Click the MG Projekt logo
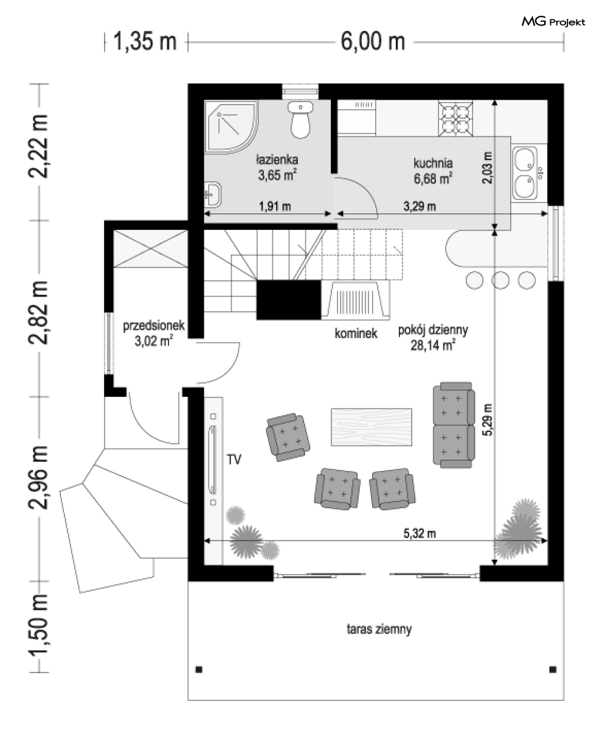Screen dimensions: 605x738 [553, 22]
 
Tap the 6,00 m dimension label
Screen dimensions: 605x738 [373, 41]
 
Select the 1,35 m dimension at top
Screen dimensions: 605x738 [145, 41]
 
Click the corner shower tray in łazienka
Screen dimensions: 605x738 [231, 126]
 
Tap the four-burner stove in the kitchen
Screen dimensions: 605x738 [455, 119]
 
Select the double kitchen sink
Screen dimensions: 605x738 [525, 173]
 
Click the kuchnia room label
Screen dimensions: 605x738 [433, 163]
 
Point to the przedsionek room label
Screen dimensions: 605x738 [154, 326]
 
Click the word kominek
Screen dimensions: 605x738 [356, 334]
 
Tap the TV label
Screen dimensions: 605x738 [234, 460]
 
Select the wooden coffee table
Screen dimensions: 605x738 [372, 427]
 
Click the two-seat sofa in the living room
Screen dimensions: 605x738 [454, 425]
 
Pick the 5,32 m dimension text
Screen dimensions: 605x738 [420, 533]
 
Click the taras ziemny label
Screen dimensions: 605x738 [379, 629]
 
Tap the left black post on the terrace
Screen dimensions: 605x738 [199, 670]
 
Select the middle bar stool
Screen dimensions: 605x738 [500, 280]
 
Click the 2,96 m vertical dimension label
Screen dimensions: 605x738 [38, 477]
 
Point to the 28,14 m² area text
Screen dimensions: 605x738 [433, 346]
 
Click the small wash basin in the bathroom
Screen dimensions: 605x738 [213, 194]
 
